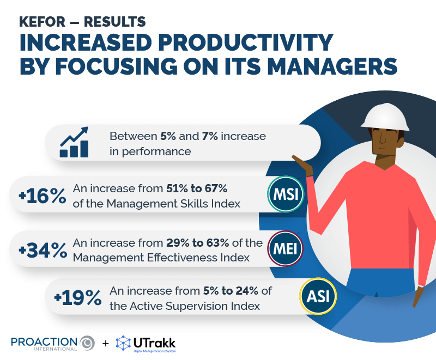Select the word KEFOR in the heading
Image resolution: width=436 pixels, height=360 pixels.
click(41, 22)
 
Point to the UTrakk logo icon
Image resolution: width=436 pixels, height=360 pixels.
click(124, 343)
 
